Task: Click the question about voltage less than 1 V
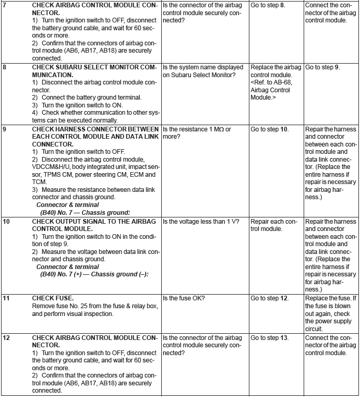click(x=201, y=221)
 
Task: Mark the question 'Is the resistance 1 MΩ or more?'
click(x=197, y=133)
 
